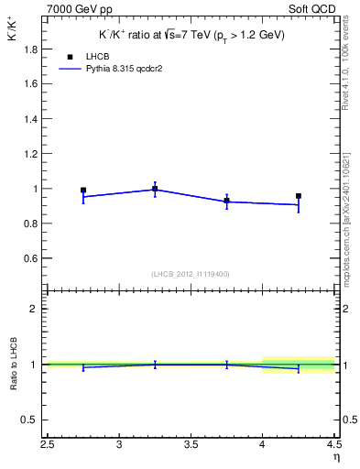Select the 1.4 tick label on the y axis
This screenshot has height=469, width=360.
click(29, 119)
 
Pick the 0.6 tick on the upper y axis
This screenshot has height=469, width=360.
click(29, 259)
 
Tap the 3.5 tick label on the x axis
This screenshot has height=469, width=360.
click(191, 446)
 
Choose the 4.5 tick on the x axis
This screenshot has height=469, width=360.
click(333, 446)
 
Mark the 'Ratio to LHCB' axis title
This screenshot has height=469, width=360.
click(14, 365)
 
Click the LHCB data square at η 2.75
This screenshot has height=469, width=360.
click(83, 191)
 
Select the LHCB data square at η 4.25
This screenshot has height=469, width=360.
click(299, 195)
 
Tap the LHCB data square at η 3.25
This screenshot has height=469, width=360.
click(155, 189)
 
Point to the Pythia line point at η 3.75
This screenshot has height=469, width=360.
click(226, 202)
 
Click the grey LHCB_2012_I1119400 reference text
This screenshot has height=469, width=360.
click(191, 274)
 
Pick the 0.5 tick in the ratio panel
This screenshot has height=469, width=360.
click(29, 420)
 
